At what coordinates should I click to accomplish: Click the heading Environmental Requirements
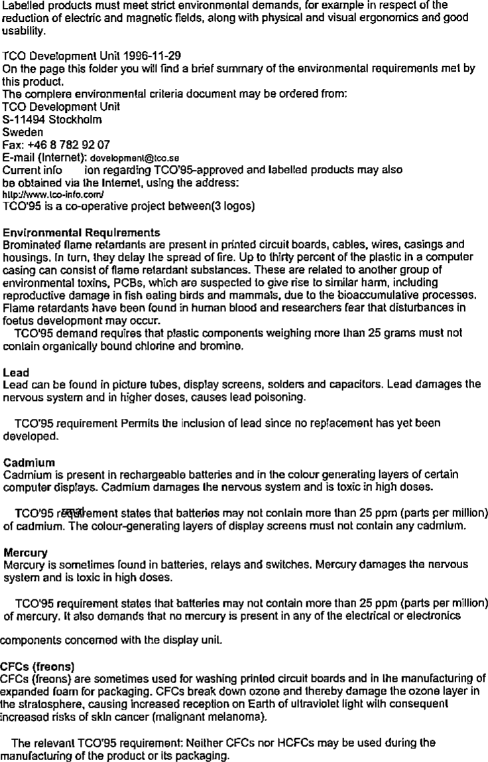pyautogui.click(x=82, y=232)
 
